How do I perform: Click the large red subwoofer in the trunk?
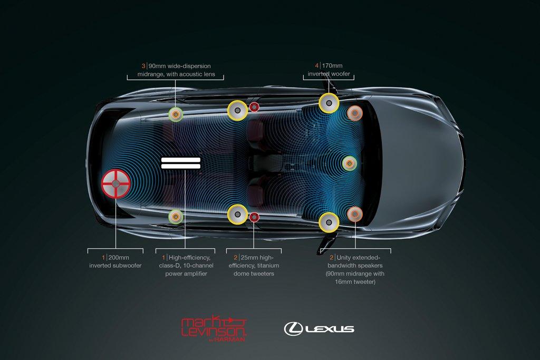(x=115, y=183)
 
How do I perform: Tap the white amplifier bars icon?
(x=180, y=162)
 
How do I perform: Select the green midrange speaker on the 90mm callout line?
(x=176, y=113)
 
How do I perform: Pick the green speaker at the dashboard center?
(x=349, y=163)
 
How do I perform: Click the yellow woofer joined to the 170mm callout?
(x=329, y=102)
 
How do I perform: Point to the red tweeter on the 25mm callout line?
(x=254, y=217)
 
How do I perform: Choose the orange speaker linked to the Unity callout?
(x=355, y=213)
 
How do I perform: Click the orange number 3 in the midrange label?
(x=143, y=66)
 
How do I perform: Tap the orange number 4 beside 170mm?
(x=317, y=66)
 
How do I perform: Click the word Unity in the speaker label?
(x=345, y=257)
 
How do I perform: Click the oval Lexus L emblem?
(x=293, y=328)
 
